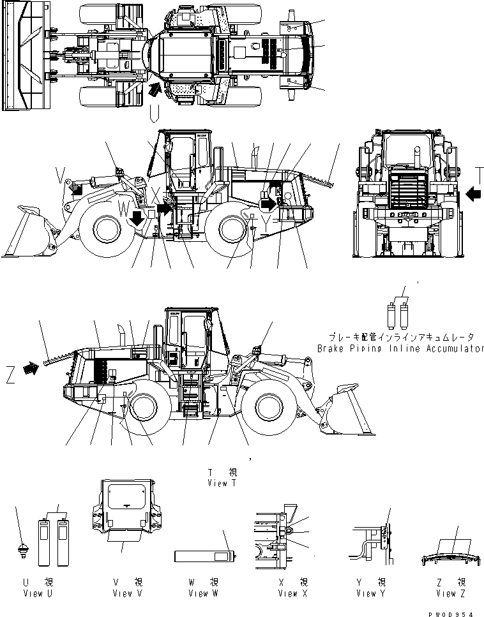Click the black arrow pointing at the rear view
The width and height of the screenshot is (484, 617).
(473, 192)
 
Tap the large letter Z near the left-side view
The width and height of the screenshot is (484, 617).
(10, 377)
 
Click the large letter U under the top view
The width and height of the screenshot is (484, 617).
(153, 114)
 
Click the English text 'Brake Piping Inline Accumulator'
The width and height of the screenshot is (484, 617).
(400, 349)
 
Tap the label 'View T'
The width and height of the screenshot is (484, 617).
(222, 483)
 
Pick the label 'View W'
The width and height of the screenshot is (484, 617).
(203, 593)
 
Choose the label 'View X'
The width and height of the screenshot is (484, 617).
(293, 593)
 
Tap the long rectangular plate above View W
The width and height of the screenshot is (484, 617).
(205, 556)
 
